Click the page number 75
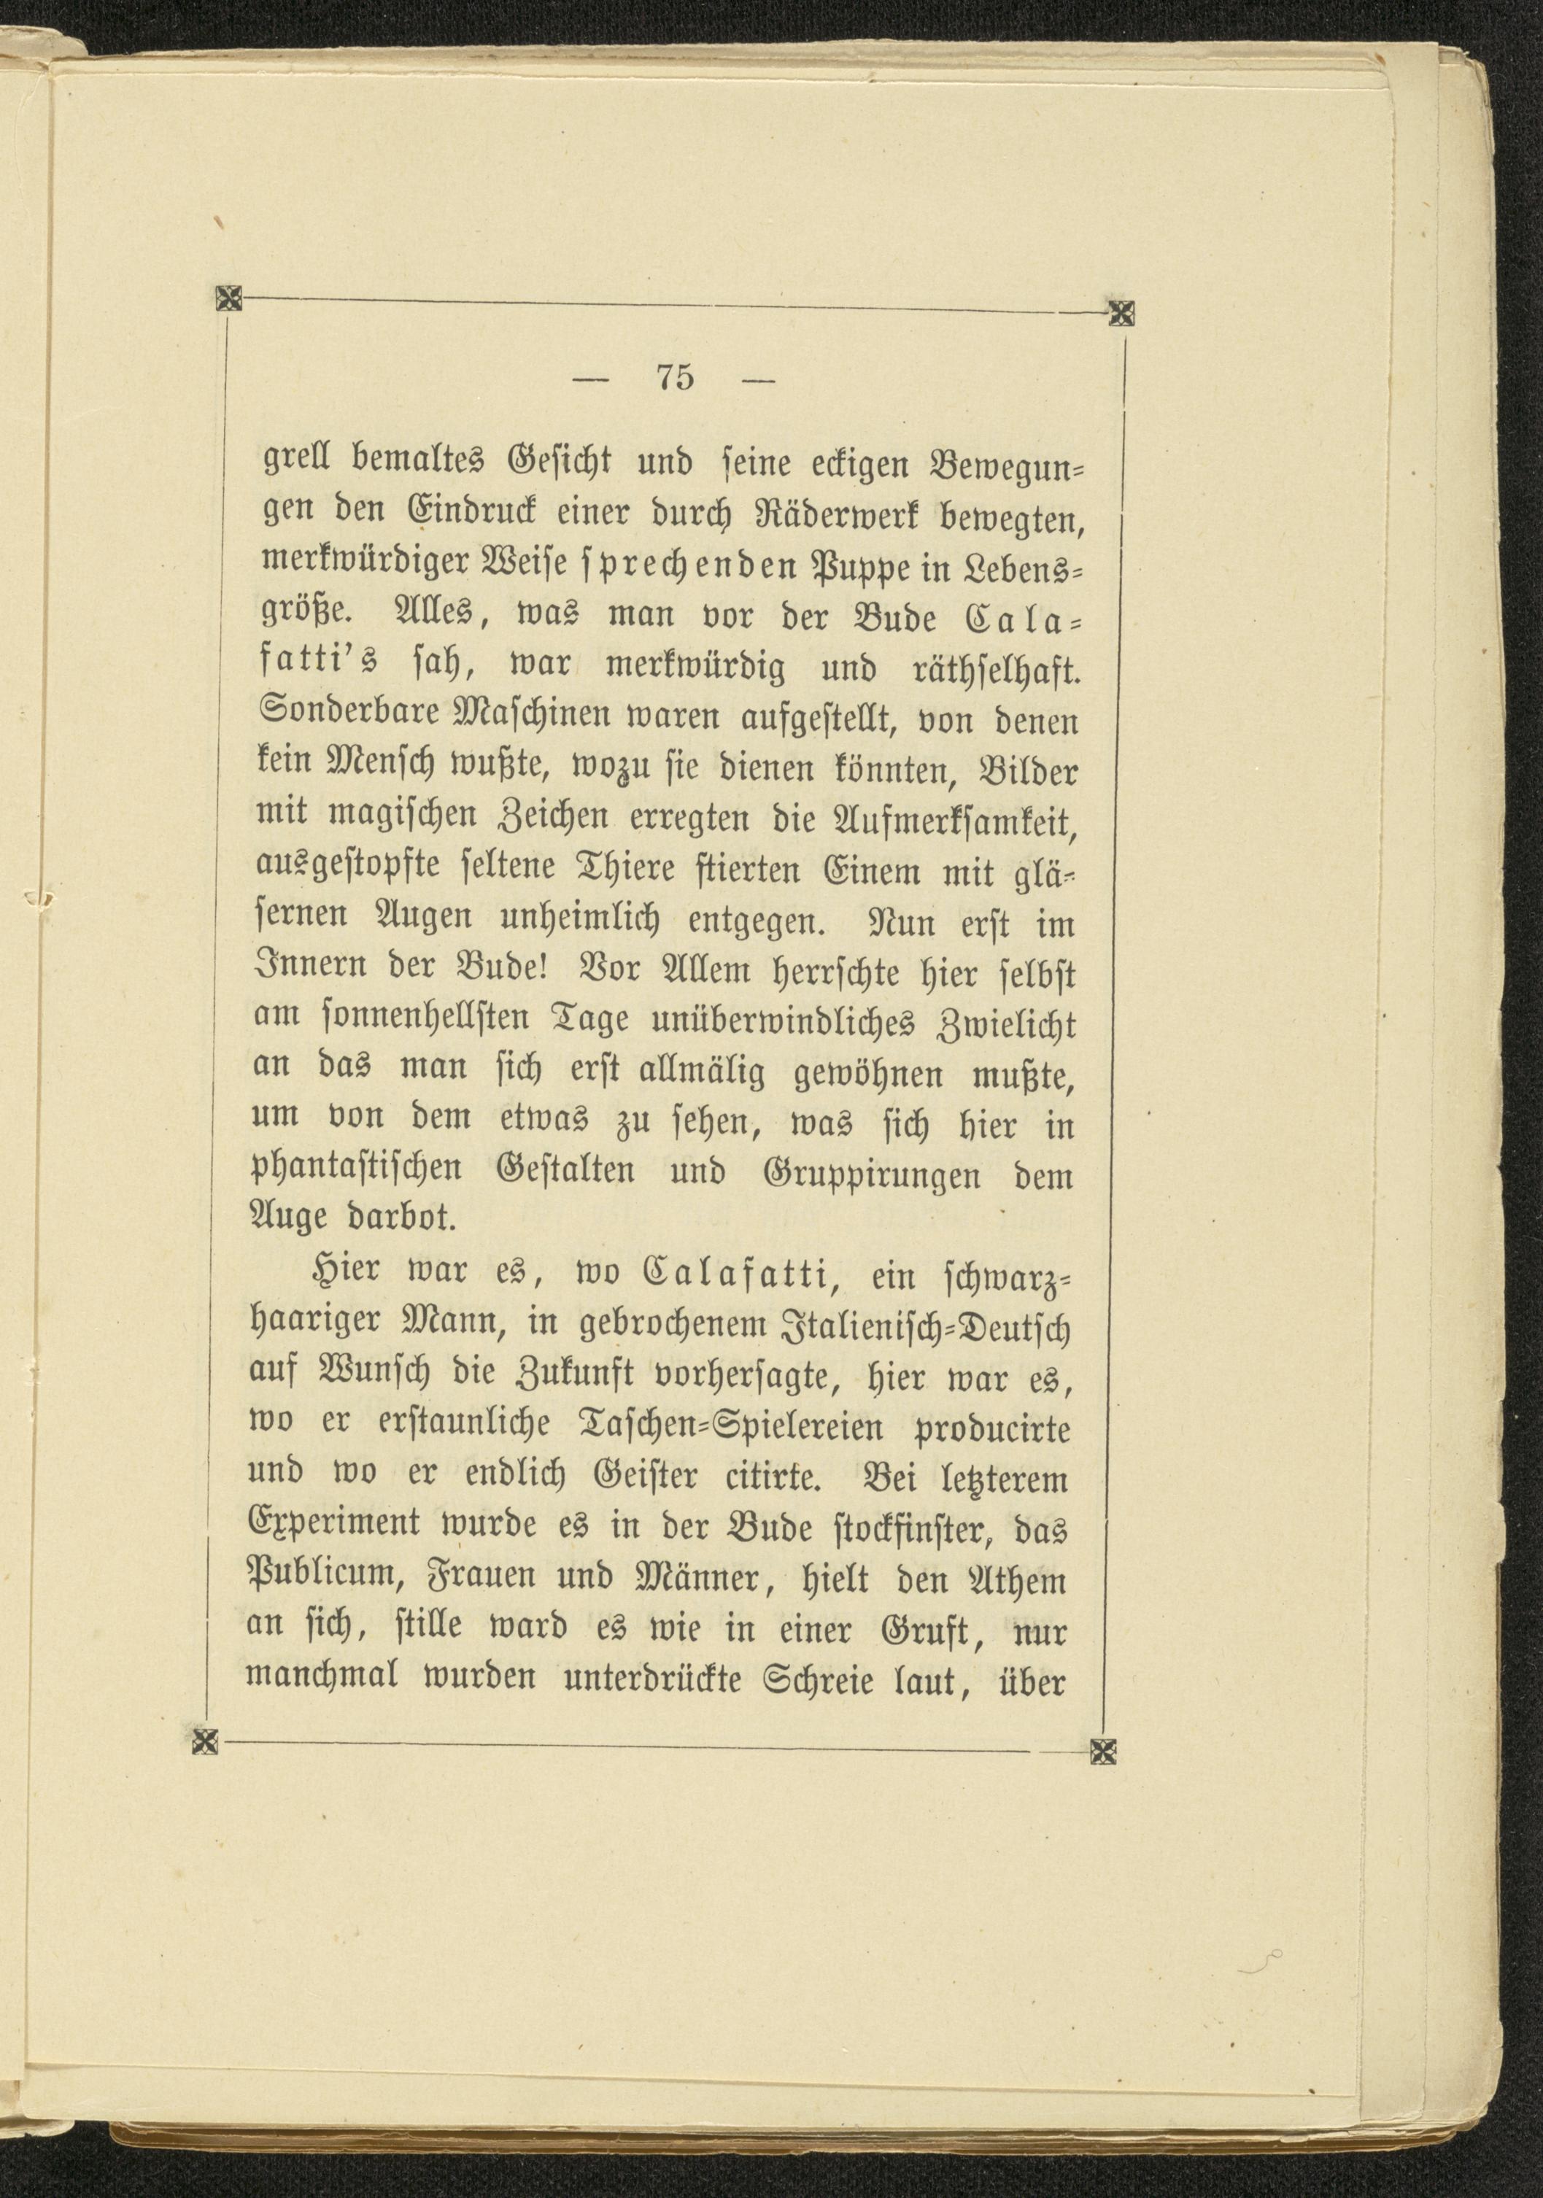675,377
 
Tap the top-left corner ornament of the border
228,301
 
